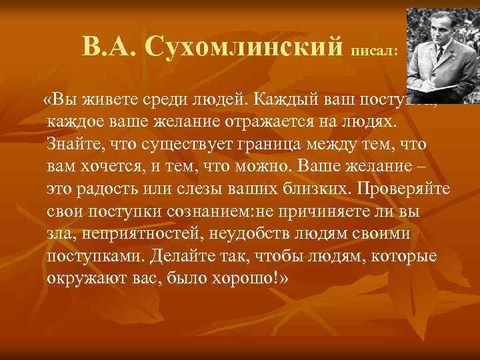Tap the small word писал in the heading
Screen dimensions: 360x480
[375, 50]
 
